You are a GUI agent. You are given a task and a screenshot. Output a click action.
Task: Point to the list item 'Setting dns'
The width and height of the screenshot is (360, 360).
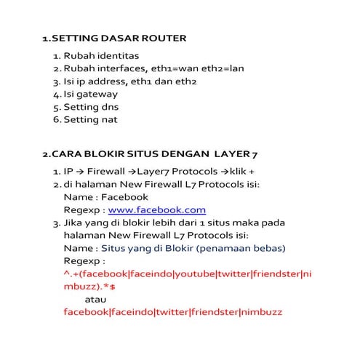(x=91, y=107)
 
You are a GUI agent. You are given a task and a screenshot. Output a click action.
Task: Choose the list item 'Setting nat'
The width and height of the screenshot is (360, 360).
(x=90, y=119)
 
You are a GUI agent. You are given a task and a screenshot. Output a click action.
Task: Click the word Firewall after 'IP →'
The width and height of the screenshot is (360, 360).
(x=108, y=172)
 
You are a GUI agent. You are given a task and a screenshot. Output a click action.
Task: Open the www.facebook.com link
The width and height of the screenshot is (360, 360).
(x=146, y=210)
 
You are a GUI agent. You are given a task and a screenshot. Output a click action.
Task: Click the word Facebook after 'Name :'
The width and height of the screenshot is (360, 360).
(x=124, y=197)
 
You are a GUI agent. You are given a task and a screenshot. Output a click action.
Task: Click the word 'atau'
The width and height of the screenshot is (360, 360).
(x=96, y=300)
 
